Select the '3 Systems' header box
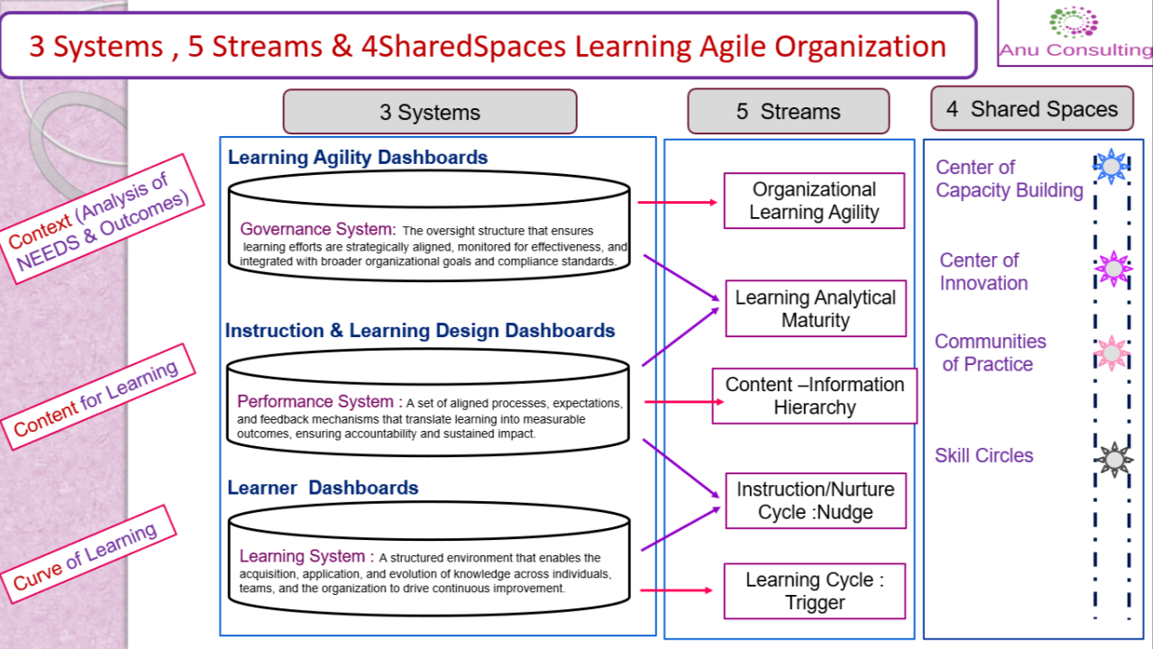(430, 112)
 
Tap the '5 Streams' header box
(789, 111)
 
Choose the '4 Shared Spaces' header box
(1032, 108)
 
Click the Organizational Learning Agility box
(814, 201)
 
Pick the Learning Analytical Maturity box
(816, 308)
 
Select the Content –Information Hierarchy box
(814, 396)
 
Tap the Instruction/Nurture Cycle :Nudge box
(816, 501)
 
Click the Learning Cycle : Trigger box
(814, 590)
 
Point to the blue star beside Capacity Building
(1112, 166)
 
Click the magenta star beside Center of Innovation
(1113, 268)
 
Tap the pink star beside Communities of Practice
(1112, 353)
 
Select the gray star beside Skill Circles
(1114, 459)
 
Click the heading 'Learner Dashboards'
(323, 488)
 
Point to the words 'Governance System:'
(318, 229)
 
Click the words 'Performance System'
(315, 401)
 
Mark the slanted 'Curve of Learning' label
(88, 554)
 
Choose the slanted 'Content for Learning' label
(97, 397)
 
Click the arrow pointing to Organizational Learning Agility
(677, 202)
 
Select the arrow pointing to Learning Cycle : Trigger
(676, 590)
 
